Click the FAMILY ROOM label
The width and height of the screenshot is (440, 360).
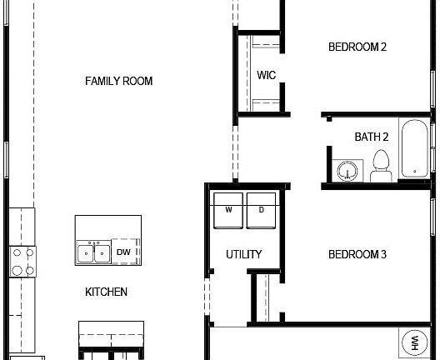[x=118, y=81]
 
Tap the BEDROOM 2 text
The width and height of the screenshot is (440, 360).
[x=357, y=47]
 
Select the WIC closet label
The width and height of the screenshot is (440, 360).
[x=266, y=75]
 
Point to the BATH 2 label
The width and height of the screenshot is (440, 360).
[x=371, y=137]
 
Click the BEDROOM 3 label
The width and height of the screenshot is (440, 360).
[x=357, y=254]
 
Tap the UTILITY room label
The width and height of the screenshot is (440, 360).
[x=244, y=254]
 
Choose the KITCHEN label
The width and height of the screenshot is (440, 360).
[x=107, y=292]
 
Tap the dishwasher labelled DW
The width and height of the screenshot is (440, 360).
[x=123, y=252]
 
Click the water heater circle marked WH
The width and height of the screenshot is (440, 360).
[x=413, y=342]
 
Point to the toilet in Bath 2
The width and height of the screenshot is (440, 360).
[x=382, y=165]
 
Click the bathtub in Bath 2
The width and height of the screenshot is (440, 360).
[x=414, y=150]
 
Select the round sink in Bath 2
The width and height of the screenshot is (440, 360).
[x=347, y=172]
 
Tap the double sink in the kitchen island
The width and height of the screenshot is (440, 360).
[x=93, y=252]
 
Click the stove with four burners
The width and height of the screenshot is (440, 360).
[x=22, y=261]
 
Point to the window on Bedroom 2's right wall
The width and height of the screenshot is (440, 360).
[x=433, y=50]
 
